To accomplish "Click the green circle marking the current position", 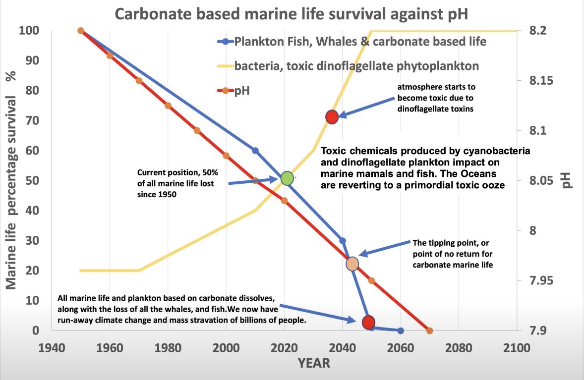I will (x=288, y=178).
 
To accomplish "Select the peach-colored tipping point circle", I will (x=352, y=264).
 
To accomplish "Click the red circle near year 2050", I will (x=368, y=322).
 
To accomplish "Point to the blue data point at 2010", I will (x=255, y=151).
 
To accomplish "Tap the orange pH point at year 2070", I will (x=429, y=330).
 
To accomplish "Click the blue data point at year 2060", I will (x=401, y=330).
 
